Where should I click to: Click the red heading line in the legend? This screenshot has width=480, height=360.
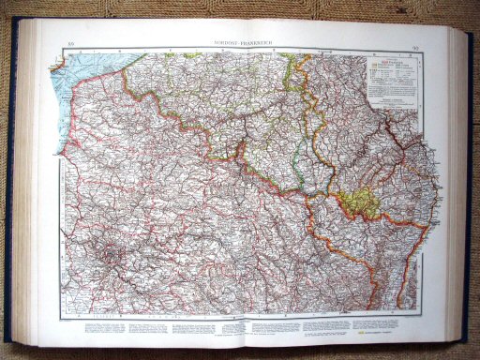coord(398,58)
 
